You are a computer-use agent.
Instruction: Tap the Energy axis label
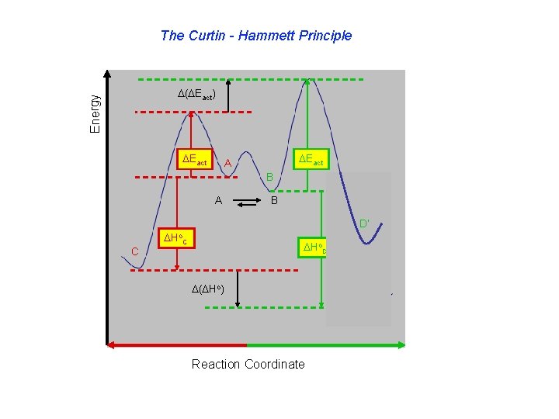95,113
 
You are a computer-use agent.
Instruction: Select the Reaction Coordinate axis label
248,364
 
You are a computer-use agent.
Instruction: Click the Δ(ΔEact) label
201,95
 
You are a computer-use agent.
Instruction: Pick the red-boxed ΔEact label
193,160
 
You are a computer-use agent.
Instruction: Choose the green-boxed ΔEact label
311,160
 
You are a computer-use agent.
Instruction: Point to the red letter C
135,251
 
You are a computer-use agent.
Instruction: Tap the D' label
363,225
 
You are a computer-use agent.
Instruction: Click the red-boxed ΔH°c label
173,237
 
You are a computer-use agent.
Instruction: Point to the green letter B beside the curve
269,178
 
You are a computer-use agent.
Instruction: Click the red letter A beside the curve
227,163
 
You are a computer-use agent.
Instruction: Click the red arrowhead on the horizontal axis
112,344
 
